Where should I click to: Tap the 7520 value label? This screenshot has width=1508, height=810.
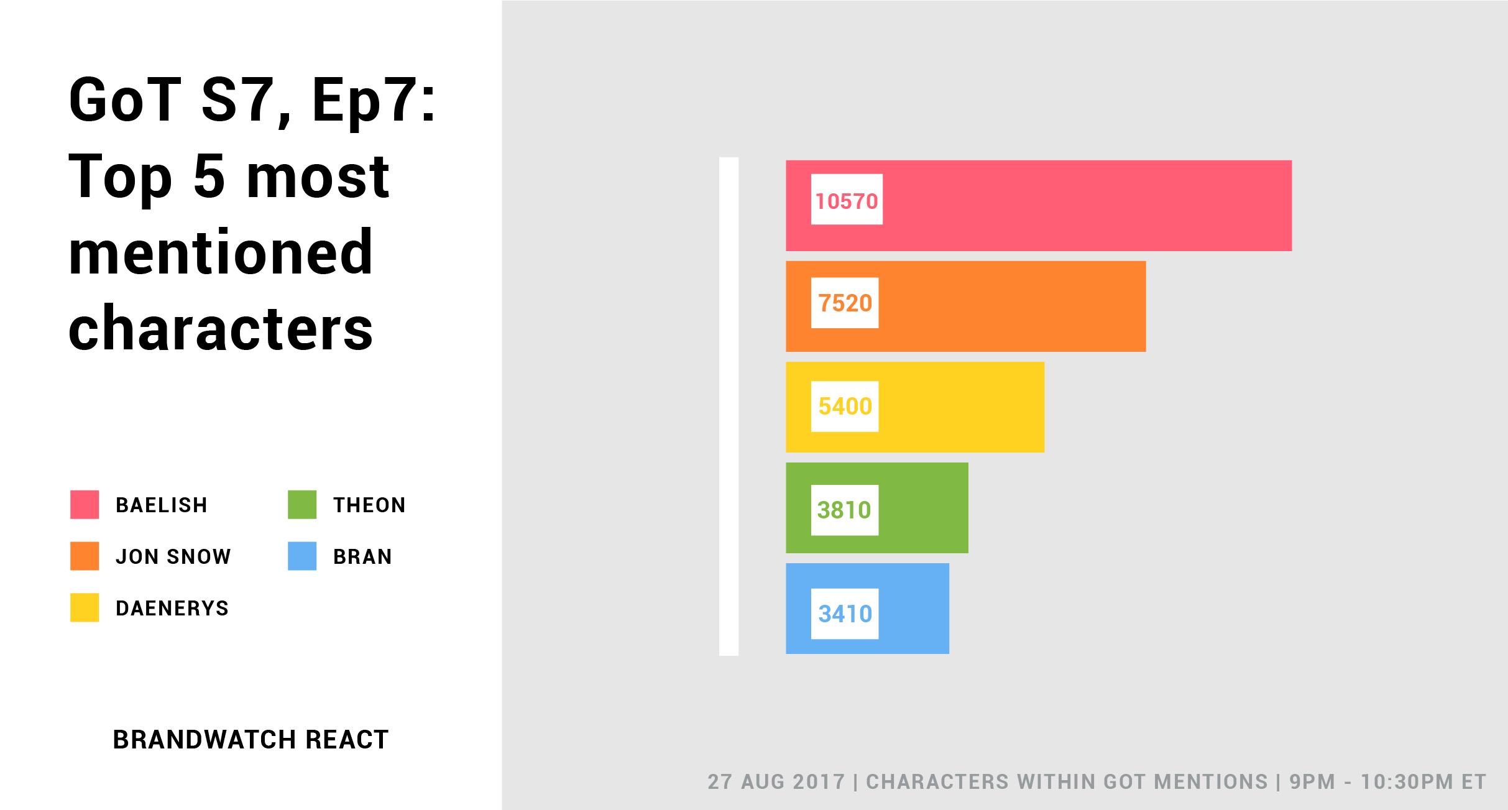pos(845,303)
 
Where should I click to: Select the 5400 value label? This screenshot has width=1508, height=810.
pos(845,407)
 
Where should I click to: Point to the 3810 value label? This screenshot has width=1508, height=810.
pos(845,510)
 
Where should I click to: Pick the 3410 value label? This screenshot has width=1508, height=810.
pos(845,614)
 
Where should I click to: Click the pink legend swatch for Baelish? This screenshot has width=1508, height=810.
pos(85,505)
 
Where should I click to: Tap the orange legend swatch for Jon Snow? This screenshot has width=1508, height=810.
pos(85,556)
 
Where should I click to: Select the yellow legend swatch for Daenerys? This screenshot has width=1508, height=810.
pos(85,608)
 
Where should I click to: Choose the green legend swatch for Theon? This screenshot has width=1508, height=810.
pos(302,505)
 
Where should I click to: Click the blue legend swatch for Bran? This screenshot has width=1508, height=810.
pos(302,556)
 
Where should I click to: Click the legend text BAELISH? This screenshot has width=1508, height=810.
pos(162,505)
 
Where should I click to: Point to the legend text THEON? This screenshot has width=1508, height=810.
pos(369,505)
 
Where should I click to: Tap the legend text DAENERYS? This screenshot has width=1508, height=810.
pos(172,609)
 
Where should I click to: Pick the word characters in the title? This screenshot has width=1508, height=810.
pos(221,329)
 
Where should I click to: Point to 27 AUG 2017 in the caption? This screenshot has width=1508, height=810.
pos(776,782)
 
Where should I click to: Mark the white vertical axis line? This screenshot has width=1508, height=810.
pos(729,407)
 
